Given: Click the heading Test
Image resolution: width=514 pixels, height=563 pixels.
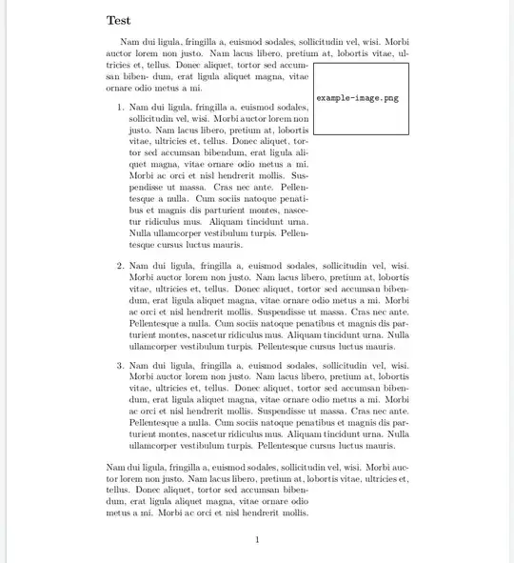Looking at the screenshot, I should (x=118, y=20).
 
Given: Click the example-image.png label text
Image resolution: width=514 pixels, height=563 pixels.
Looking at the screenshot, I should (x=357, y=98).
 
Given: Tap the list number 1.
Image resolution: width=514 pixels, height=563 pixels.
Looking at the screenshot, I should (x=120, y=108).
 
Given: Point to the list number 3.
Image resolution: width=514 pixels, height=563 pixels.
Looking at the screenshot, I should (x=120, y=365).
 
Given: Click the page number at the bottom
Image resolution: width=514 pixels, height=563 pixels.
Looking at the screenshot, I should (x=257, y=540).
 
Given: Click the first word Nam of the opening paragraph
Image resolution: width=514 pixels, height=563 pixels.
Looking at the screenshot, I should (x=130, y=43).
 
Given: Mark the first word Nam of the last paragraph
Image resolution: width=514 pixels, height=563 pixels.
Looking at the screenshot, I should (x=115, y=467).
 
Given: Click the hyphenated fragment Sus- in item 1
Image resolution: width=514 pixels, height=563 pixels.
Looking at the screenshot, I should (x=299, y=175).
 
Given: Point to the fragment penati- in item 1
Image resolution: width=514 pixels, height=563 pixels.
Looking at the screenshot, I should (x=292, y=198).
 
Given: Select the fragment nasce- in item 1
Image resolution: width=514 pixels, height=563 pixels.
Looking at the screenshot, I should (x=296, y=210).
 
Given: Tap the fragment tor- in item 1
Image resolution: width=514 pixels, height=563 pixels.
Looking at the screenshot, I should (x=301, y=141).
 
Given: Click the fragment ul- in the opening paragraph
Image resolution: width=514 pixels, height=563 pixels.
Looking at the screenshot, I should (x=404, y=54).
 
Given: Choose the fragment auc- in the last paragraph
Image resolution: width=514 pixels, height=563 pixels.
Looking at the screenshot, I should (x=399, y=467).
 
